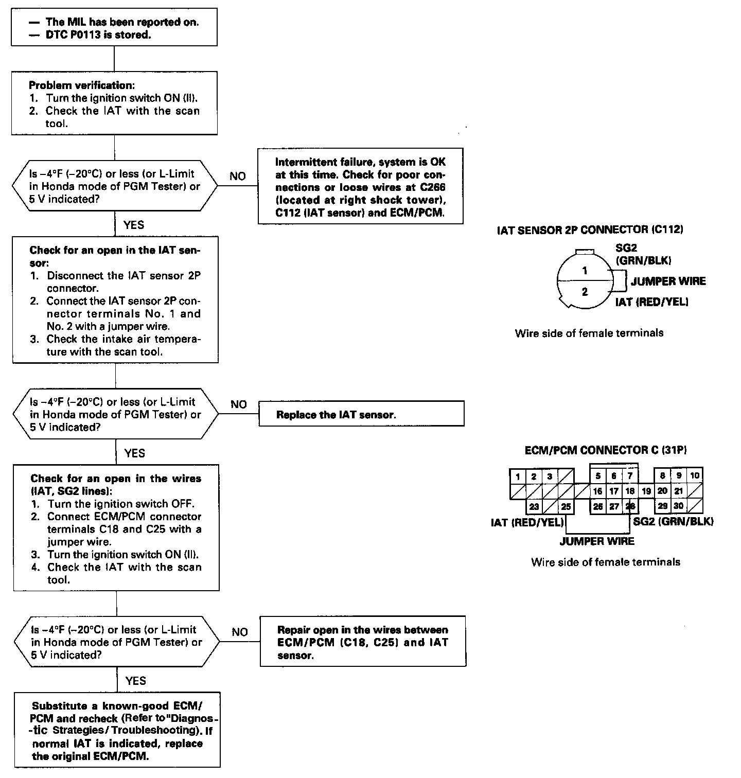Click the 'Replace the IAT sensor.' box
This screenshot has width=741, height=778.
click(361, 414)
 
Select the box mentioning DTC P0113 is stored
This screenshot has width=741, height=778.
click(114, 28)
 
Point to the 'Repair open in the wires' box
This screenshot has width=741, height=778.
click(363, 642)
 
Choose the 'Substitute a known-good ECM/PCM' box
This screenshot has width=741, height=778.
click(117, 731)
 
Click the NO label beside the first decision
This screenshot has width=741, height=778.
click(238, 176)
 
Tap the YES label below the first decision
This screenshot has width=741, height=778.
click(134, 225)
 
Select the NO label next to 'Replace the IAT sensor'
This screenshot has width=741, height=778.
click(239, 404)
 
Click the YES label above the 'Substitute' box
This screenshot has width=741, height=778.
click(135, 681)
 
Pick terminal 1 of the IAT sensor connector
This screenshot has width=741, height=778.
click(585, 271)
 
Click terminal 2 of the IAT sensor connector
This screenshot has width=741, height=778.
click(585, 292)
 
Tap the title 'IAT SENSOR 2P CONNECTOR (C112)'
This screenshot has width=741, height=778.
click(590, 230)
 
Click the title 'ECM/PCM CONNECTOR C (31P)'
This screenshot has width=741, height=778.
click(606, 450)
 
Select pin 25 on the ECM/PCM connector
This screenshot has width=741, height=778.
click(566, 506)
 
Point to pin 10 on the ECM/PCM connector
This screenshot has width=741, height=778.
click(695, 476)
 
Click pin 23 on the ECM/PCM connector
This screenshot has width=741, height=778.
click(534, 506)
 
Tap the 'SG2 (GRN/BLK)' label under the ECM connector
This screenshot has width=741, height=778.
click(673, 522)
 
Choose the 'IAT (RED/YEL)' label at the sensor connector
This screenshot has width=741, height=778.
click(651, 302)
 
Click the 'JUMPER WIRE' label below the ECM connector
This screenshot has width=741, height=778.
click(597, 541)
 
